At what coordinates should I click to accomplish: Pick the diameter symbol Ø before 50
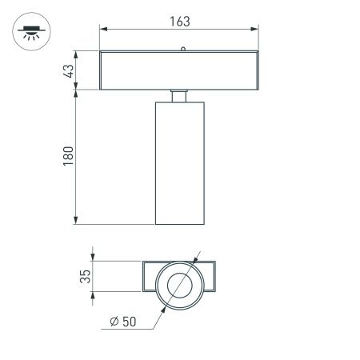(x=115, y=322)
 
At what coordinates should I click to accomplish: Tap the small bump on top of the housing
(x=182, y=49)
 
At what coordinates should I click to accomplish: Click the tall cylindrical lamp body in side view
(x=181, y=164)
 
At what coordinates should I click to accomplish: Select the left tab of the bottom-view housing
(x=150, y=277)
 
